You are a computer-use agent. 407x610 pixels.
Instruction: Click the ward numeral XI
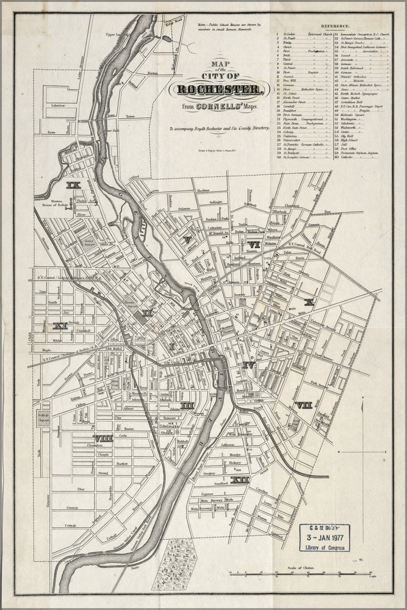60,326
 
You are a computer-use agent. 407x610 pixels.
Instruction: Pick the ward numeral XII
242,480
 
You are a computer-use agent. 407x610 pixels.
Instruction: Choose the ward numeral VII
303,404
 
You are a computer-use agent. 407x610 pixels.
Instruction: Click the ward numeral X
309,302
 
